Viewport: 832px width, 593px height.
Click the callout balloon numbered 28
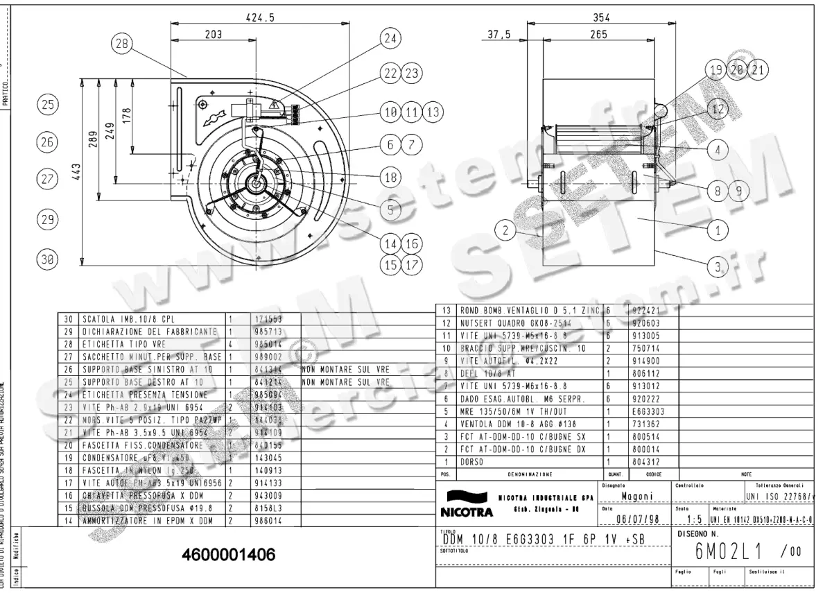[x=122, y=44]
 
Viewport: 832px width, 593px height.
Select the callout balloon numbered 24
[x=392, y=40]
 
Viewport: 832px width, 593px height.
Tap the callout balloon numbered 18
[x=391, y=177]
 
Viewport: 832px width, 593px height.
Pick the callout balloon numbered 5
[x=391, y=208]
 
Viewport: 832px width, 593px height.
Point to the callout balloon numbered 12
[x=717, y=109]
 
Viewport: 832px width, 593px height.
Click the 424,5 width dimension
[x=260, y=19]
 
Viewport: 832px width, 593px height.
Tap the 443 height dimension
[x=77, y=171]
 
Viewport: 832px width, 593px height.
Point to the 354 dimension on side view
[x=600, y=17]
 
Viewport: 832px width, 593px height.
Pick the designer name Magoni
[x=635, y=497]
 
